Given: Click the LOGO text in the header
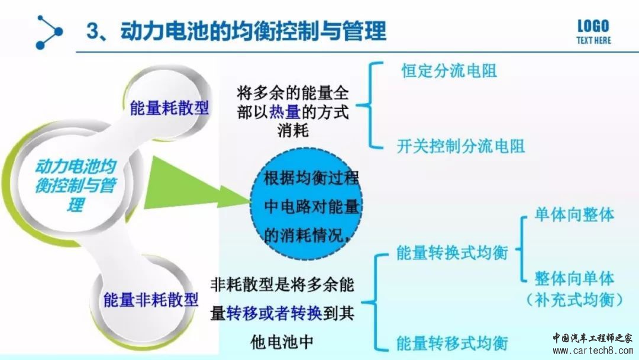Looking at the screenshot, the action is (593, 27).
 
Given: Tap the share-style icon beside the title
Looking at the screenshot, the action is (49, 32).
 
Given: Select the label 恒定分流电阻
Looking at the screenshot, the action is (449, 70).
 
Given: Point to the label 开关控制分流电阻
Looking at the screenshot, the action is (460, 146).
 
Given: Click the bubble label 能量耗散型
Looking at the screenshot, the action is (169, 108).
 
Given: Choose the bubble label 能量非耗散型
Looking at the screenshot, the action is (151, 300).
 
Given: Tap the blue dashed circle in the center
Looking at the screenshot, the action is (306, 205).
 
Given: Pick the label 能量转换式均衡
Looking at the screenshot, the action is (453, 253).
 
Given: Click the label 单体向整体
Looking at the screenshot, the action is (574, 214).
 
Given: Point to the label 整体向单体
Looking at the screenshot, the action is (574, 278).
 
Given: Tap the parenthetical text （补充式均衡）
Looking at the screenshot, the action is (574, 300).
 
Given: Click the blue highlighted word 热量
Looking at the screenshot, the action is (285, 112).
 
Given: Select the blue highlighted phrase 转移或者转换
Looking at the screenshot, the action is (274, 313).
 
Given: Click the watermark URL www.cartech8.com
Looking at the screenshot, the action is (593, 351).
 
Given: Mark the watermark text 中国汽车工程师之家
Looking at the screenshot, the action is (592, 338).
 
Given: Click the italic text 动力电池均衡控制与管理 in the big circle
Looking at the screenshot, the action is (76, 185).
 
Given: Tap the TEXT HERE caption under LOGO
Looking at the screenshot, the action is (594, 40).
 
